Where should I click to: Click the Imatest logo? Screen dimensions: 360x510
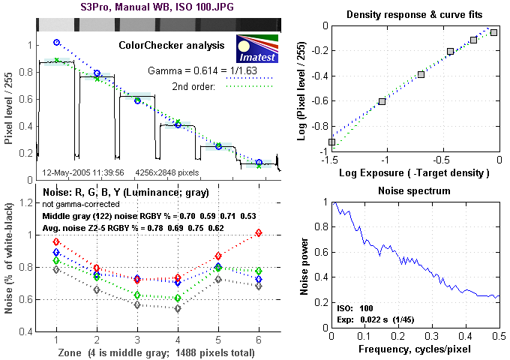(x=257, y=48)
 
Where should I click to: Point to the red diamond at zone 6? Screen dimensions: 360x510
(x=259, y=232)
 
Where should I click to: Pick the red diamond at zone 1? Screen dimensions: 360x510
(x=56, y=241)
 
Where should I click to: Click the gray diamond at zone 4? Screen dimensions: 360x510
(x=178, y=308)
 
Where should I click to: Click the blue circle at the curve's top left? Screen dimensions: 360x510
(x=56, y=43)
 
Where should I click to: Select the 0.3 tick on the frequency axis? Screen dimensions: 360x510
(x=432, y=338)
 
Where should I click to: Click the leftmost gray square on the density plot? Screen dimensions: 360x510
(x=331, y=142)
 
